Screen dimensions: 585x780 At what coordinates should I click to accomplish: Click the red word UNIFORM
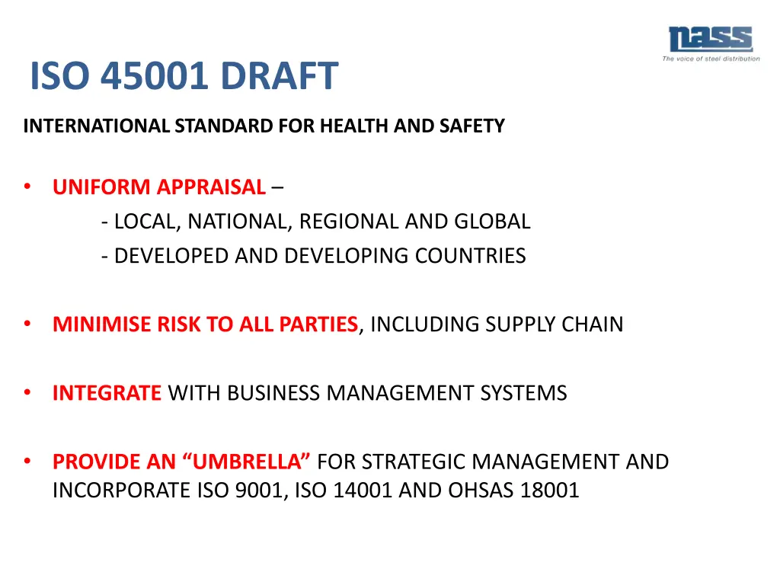(102, 187)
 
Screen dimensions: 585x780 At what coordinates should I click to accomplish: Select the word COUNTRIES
(471, 256)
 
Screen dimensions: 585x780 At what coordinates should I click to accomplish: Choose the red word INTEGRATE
(107, 393)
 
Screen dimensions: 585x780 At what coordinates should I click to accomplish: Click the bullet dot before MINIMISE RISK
(27, 324)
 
